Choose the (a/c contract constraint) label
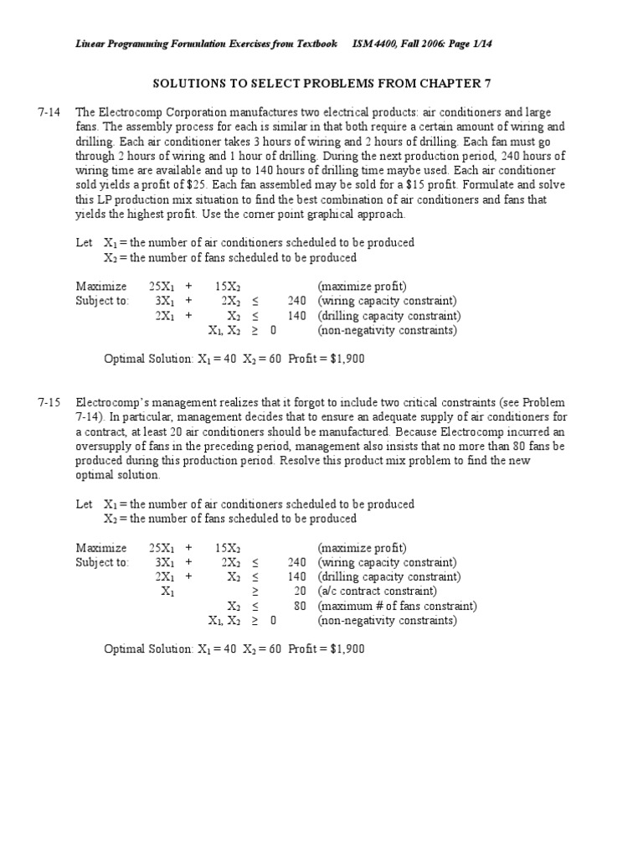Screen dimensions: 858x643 378,592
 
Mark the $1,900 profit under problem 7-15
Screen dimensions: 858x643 347,649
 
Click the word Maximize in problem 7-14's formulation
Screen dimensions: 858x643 101,287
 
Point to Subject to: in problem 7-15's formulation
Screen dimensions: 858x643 102,562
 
